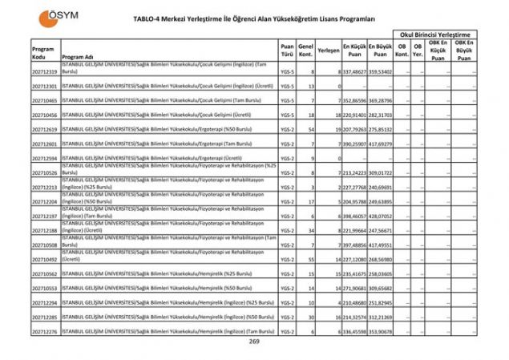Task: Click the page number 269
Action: [x=254, y=342]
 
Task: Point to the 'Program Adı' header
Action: [x=83, y=58]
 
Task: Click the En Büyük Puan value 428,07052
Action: [x=381, y=216]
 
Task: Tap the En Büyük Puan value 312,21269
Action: [x=381, y=317]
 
